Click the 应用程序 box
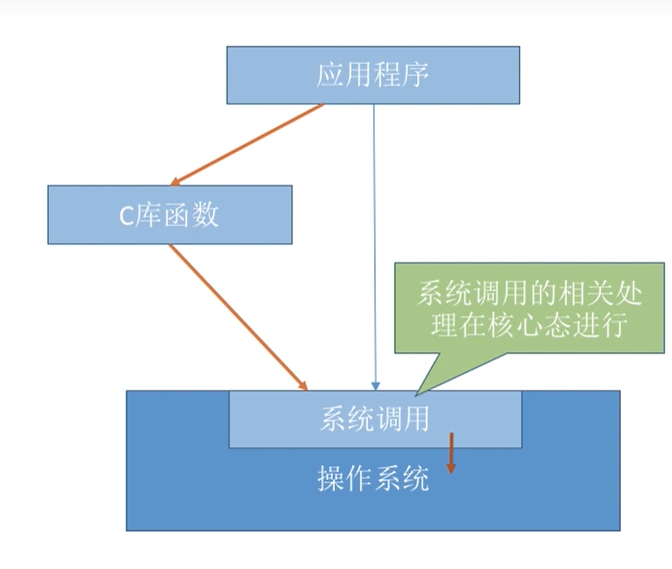(373, 75)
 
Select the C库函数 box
(170, 215)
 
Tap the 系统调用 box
(375, 419)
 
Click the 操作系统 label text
(373, 478)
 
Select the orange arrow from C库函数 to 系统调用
(236, 315)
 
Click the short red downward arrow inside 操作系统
(451, 454)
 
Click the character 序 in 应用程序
(417, 75)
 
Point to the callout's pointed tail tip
(417, 392)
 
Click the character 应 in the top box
(331, 75)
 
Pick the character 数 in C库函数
(206, 215)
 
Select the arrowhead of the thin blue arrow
(375, 385)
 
